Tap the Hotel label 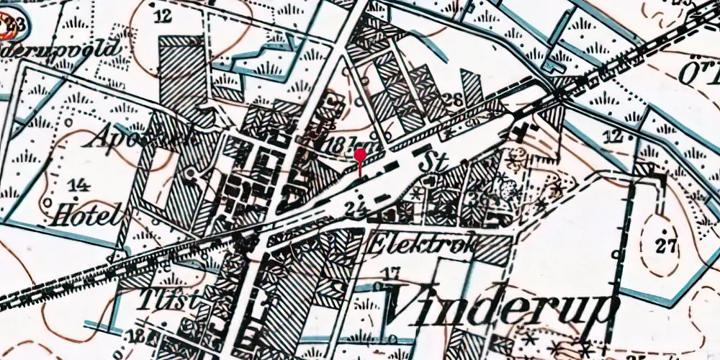click(85, 214)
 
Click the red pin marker click(360, 156)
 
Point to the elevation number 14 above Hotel click(81, 186)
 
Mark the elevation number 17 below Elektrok click(391, 272)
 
